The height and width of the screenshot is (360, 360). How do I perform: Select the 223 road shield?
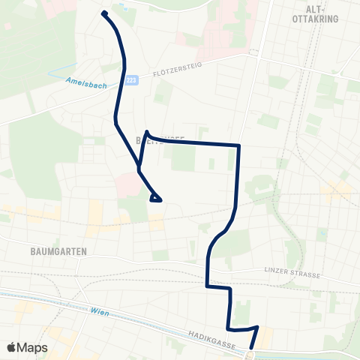(x=132, y=79)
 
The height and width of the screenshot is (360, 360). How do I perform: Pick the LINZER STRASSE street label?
(x=293, y=273)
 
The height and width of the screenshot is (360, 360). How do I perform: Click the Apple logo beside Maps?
(x=12, y=347)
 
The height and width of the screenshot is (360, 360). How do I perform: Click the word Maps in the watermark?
(x=34, y=347)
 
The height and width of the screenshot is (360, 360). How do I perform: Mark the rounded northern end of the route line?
(x=104, y=13)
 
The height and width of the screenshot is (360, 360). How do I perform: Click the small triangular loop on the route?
(x=156, y=198)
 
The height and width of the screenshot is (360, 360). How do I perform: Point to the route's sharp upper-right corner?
(x=238, y=145)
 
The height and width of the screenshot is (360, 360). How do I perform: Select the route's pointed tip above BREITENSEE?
(x=147, y=132)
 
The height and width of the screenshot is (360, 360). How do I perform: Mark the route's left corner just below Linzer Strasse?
(x=207, y=286)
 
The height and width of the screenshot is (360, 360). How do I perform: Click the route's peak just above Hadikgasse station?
(x=257, y=327)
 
